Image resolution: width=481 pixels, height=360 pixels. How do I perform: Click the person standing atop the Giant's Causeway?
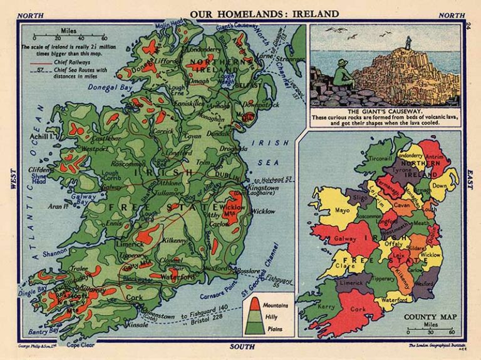point(408,43)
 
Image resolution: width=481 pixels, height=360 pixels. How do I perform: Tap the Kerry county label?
point(326,307)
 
